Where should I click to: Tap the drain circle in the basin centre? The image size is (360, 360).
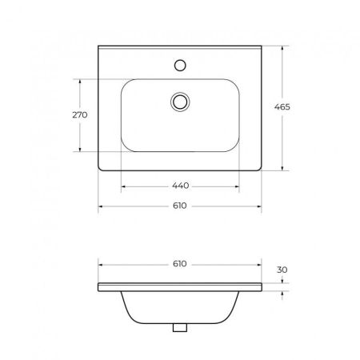pyautogui.click(x=181, y=101)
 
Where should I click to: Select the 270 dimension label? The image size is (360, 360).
pyautogui.click(x=79, y=115)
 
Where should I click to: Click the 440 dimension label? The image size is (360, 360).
pyautogui.click(x=180, y=186)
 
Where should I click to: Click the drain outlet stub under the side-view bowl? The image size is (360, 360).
pyautogui.click(x=181, y=326)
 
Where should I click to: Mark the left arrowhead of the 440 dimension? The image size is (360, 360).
pyautogui.click(x=122, y=186)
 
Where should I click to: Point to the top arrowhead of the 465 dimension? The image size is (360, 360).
pyautogui.click(x=284, y=46)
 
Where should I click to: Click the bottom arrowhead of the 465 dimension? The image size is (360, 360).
pyautogui.click(x=284, y=169)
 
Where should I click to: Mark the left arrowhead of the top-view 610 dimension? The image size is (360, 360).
pyautogui.click(x=99, y=206)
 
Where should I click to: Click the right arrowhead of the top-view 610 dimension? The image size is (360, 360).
pyautogui.click(x=261, y=206)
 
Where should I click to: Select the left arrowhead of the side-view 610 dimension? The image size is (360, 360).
pyautogui.click(x=99, y=264)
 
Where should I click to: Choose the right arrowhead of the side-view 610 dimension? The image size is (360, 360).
pyautogui.click(x=261, y=264)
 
